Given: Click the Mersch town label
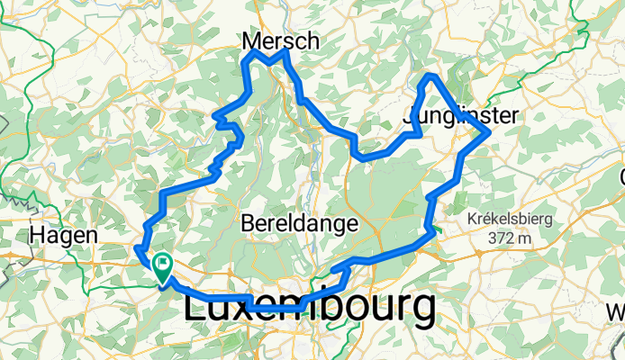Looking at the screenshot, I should click(281, 40).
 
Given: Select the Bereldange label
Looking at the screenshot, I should click(300, 222).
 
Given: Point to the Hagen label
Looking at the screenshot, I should click(63, 235).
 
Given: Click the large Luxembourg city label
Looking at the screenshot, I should click(310, 309).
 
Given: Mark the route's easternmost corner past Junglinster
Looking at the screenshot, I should click(487, 133).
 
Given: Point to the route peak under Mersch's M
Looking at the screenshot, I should click(250, 54).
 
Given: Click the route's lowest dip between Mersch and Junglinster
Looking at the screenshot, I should click(363, 158).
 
